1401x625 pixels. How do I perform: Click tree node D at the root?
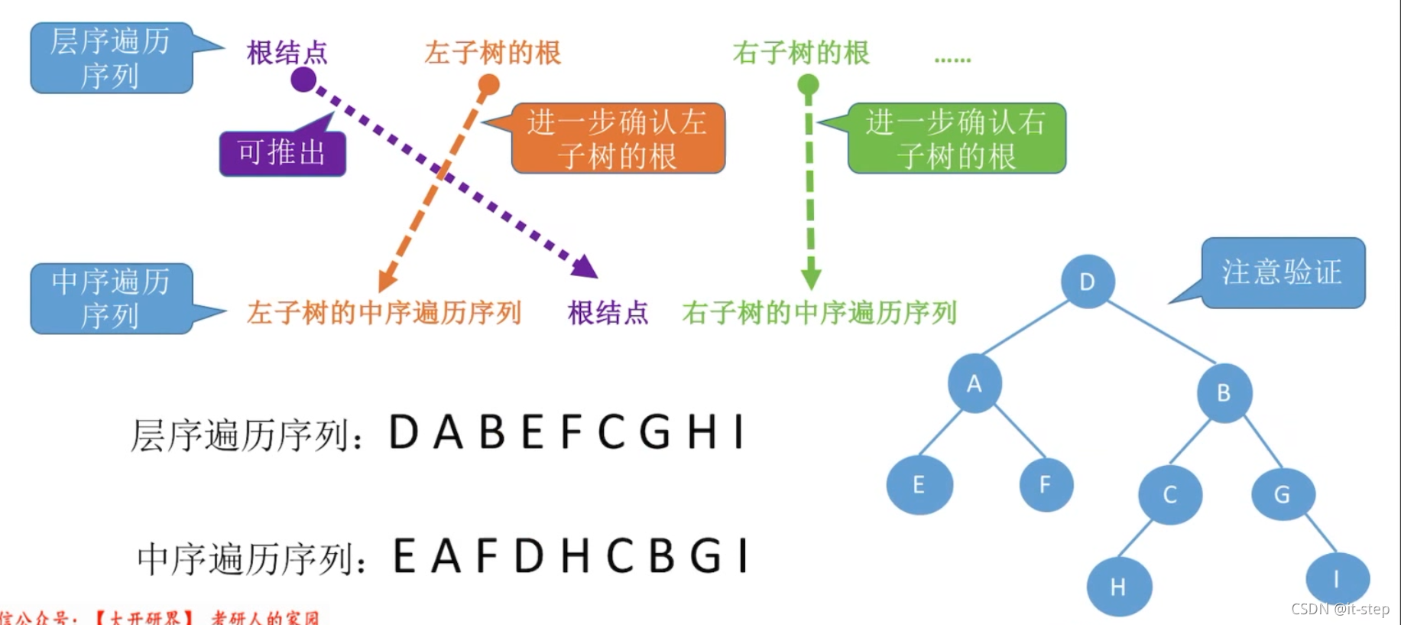tap(1087, 281)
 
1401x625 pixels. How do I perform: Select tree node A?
tap(974, 383)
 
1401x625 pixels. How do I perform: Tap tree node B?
tap(1224, 392)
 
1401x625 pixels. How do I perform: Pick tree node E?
tap(919, 484)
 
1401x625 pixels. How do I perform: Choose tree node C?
tap(1169, 494)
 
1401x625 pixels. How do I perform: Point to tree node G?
tap(1282, 494)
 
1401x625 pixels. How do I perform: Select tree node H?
tap(1118, 587)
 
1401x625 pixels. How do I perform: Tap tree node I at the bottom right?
tap(1336, 579)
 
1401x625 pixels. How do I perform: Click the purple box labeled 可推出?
tap(282, 153)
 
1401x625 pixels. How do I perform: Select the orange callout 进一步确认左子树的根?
tap(618, 138)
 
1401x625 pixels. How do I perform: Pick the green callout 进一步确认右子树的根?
tap(956, 138)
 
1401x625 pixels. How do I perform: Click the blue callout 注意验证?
tap(1283, 272)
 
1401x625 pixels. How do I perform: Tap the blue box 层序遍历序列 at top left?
tap(111, 58)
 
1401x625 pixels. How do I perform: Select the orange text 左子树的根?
tap(493, 53)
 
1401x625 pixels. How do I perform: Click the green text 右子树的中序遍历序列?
tap(819, 313)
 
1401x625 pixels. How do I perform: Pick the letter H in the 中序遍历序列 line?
tap(575, 555)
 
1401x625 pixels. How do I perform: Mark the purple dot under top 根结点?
tap(303, 79)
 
